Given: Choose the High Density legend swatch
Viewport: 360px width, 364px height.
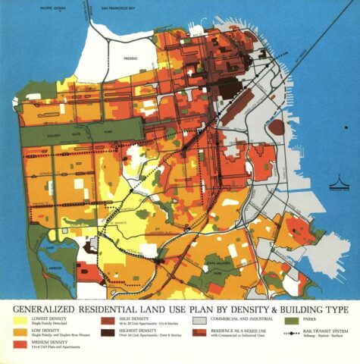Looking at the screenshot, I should (x=108, y=321).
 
